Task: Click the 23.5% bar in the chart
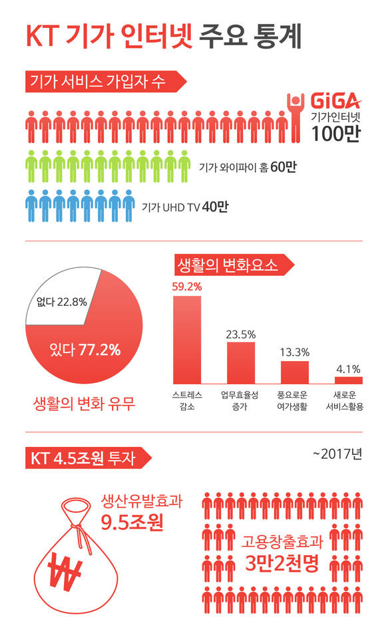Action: (240, 363)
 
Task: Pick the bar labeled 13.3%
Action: (294, 372)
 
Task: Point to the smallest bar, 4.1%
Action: (348, 380)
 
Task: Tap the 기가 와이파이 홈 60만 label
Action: (247, 166)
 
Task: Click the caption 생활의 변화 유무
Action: (84, 403)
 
